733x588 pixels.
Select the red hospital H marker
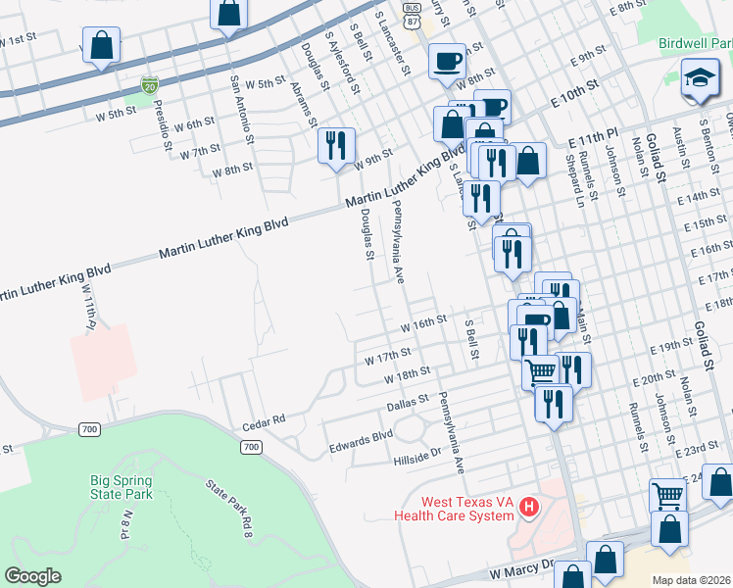point(529,507)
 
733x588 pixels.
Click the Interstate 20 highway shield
point(149,86)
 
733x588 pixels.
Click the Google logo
point(32,576)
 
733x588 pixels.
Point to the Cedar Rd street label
point(264,419)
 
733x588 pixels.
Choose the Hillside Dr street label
point(417,453)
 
